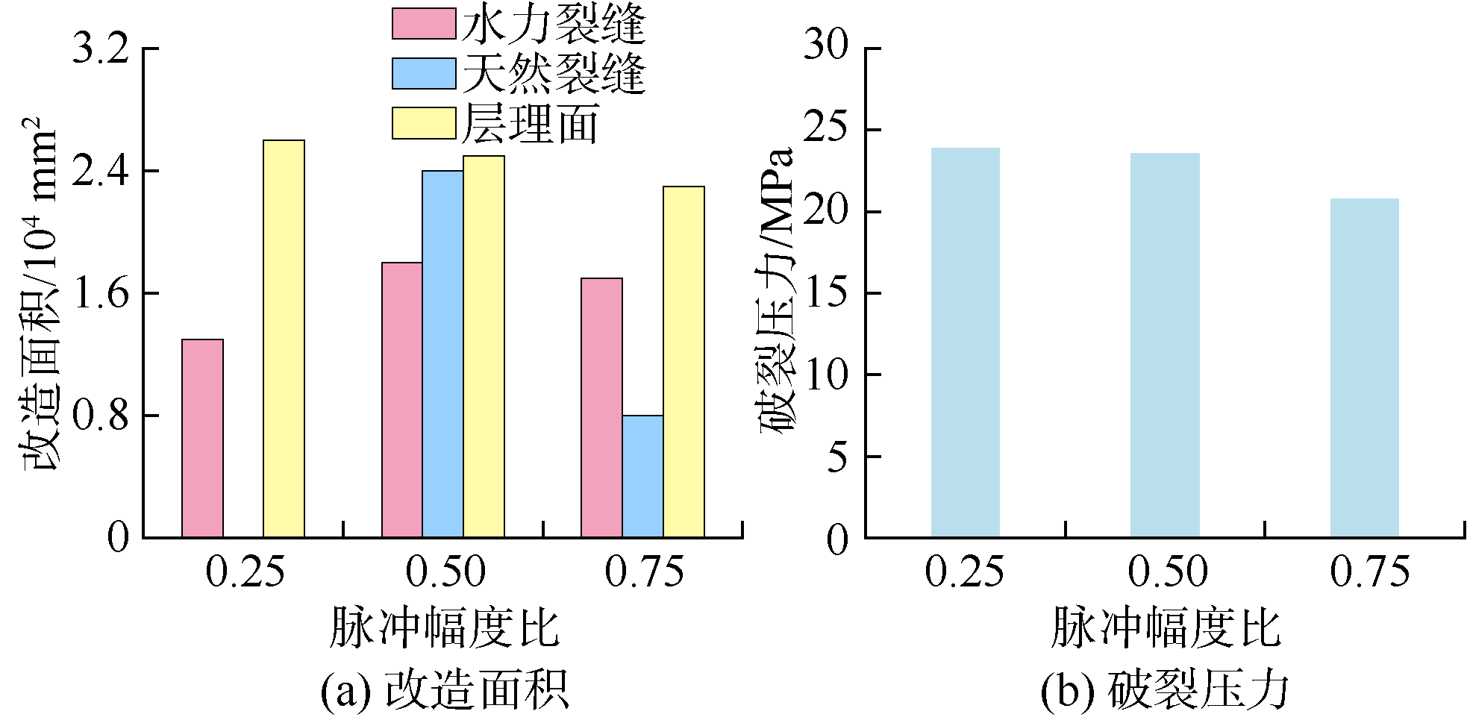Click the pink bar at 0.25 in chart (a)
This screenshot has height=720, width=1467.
(202, 439)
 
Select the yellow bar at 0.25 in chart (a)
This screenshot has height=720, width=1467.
(284, 339)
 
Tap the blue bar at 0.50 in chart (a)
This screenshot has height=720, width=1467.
(442, 354)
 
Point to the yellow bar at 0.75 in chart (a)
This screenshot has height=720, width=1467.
(684, 362)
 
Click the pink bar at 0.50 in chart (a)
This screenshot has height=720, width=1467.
(402, 400)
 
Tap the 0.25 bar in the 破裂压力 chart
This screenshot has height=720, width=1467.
(965, 342)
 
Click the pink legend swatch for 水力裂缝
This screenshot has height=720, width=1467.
(423, 24)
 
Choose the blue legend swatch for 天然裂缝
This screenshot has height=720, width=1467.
(423, 73)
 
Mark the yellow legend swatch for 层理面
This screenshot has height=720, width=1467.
(423, 123)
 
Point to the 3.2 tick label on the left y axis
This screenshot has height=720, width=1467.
(100, 48)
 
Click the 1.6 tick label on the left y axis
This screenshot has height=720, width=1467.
(100, 293)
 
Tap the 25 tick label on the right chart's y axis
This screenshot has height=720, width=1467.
(826, 130)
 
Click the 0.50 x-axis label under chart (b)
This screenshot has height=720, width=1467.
(1167, 572)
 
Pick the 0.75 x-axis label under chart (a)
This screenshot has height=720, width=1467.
(644, 572)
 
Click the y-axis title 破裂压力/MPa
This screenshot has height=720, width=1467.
(778, 291)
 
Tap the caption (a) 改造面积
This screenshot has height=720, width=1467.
(444, 689)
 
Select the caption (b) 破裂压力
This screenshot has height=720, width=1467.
(1164, 689)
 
